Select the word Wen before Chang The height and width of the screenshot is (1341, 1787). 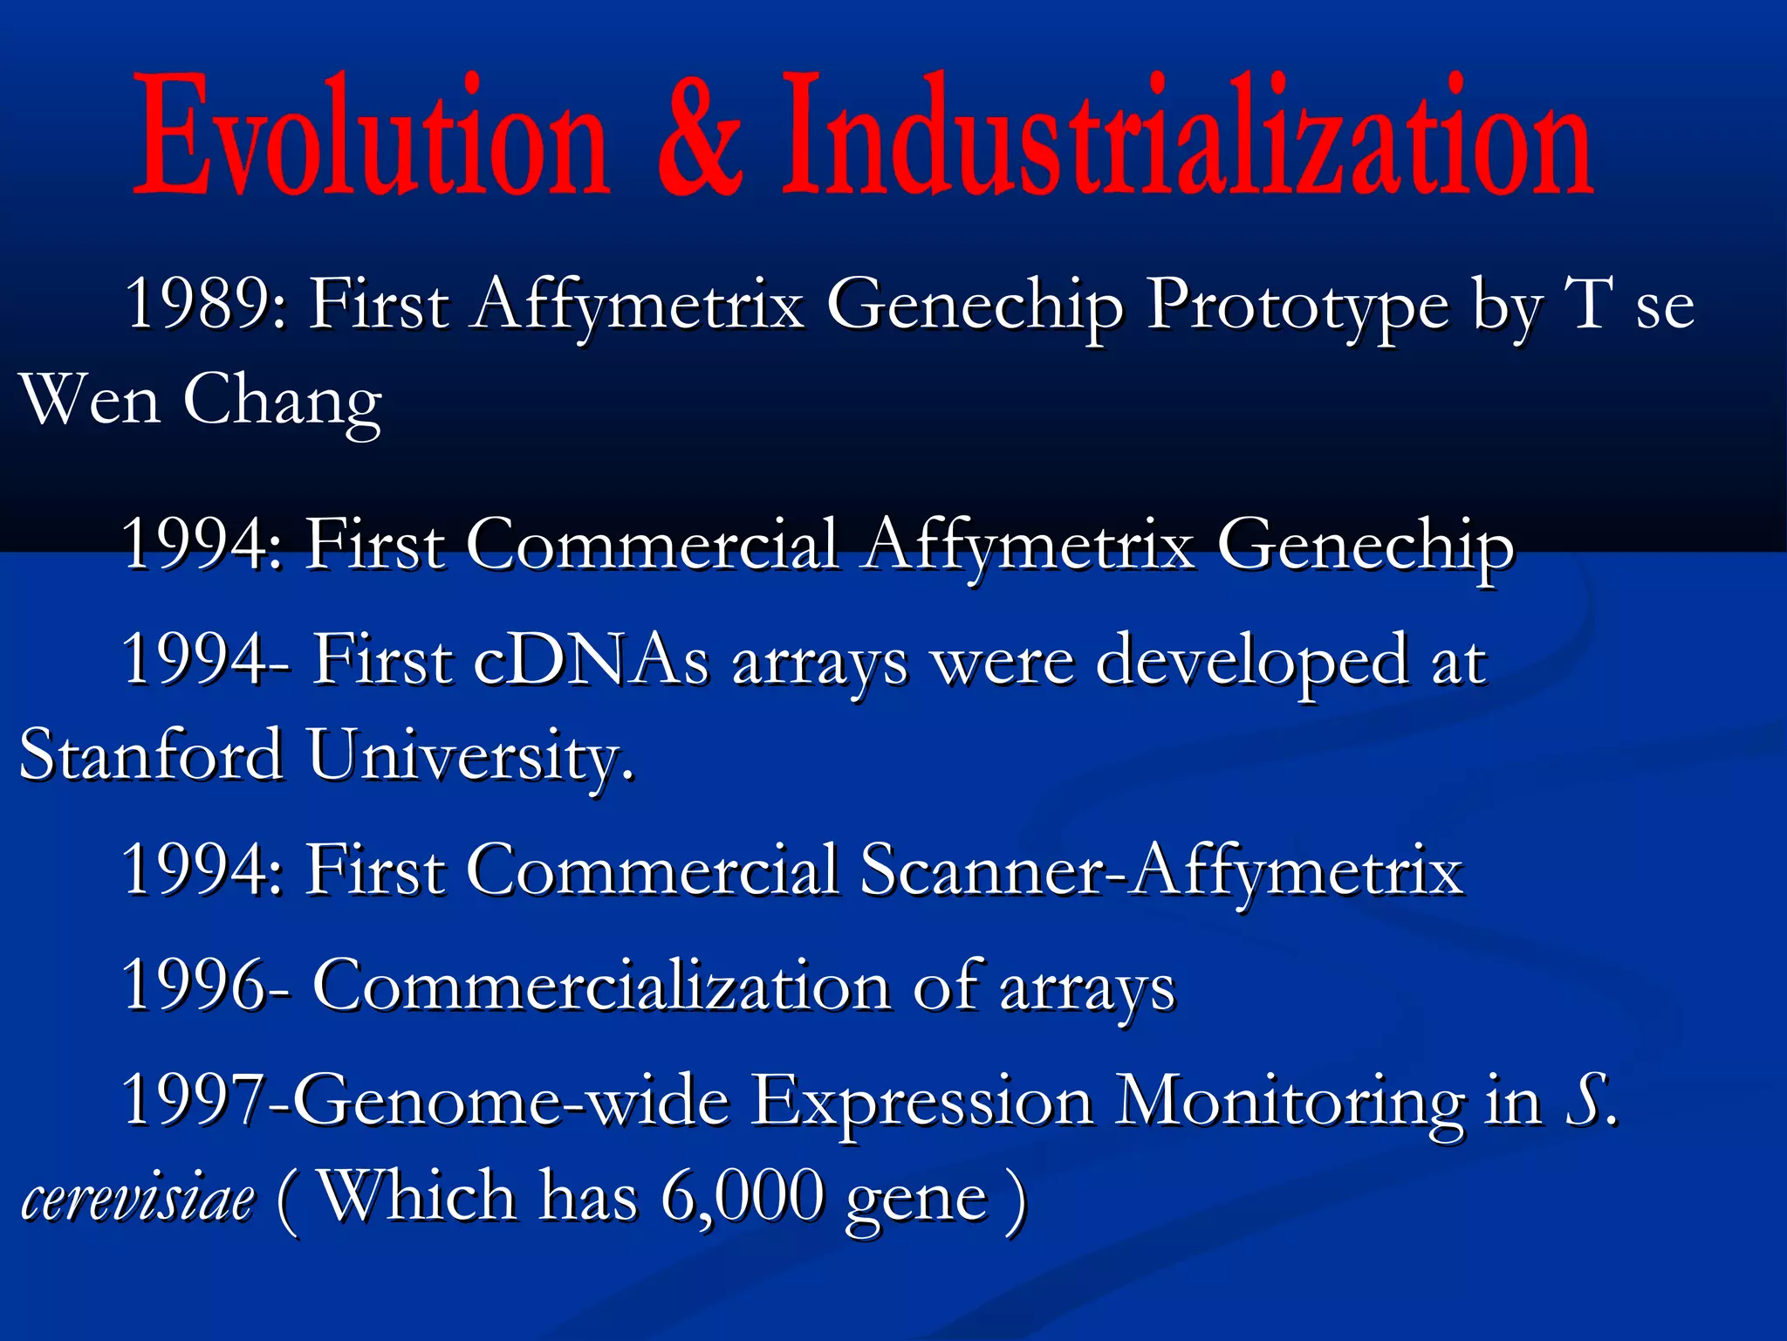point(91,400)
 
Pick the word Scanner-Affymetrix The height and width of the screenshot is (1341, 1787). point(1161,871)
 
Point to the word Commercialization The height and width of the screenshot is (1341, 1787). point(602,987)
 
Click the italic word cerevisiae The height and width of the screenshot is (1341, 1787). point(138,1198)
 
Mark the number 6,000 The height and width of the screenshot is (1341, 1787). point(742,1198)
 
